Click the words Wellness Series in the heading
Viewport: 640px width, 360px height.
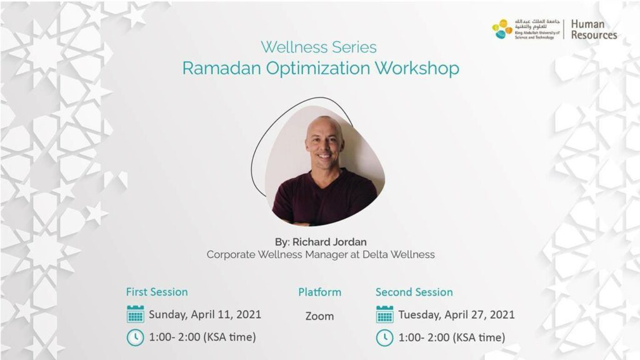tap(319, 47)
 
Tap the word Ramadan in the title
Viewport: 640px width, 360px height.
tap(221, 68)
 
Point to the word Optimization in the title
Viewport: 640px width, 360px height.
tap(318, 68)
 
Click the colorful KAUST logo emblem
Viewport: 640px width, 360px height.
tap(502, 29)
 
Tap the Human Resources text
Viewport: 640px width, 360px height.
tap(594, 29)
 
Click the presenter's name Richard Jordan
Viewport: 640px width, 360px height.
tap(329, 242)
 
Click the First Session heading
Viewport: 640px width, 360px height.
tap(157, 292)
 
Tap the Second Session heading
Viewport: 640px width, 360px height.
tap(414, 292)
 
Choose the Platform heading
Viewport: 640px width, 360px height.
tap(319, 292)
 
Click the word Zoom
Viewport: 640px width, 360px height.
tap(319, 316)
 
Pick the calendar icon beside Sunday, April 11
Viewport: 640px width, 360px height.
tap(136, 314)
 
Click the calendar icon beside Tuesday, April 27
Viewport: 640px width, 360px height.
tap(384, 314)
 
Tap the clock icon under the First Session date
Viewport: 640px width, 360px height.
tap(136, 337)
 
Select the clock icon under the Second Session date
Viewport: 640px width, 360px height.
tap(384, 338)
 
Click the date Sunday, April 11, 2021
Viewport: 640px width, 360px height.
tap(205, 315)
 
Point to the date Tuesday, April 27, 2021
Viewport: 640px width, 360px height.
tap(456, 315)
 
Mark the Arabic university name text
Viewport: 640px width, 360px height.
tap(537, 24)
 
